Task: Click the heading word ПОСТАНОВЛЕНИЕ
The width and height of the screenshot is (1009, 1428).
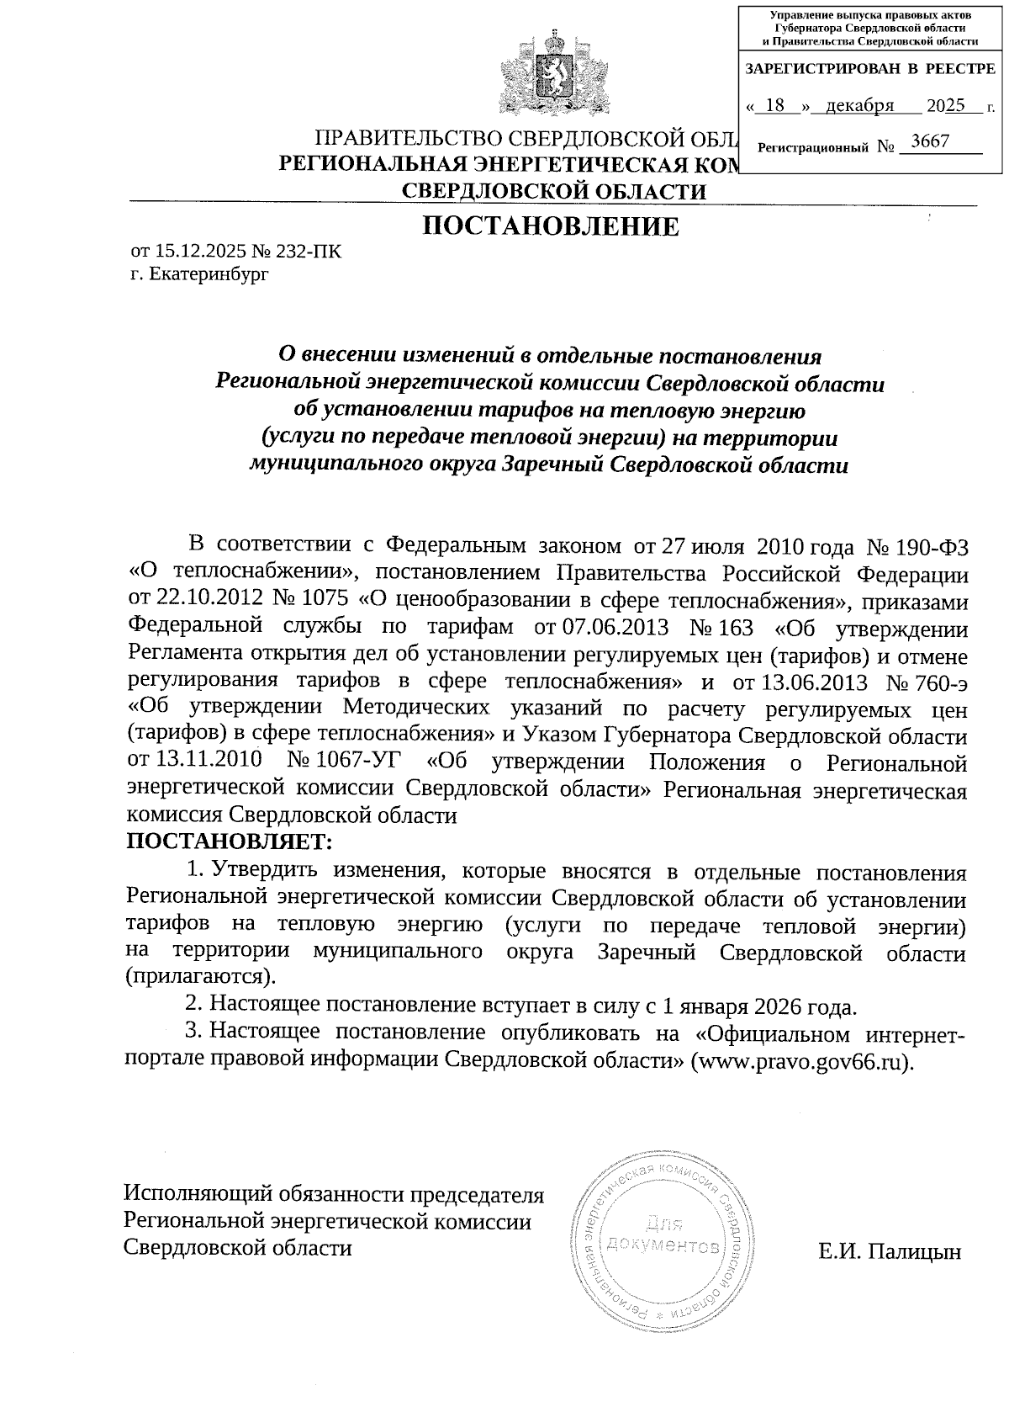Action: tap(550, 226)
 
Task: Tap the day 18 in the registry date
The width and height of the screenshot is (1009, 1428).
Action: tap(777, 106)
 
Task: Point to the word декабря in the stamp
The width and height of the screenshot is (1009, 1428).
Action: tap(859, 106)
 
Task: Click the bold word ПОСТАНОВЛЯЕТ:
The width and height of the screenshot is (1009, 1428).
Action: tap(230, 841)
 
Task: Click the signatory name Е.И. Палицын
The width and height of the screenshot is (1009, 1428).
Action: tap(890, 1251)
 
